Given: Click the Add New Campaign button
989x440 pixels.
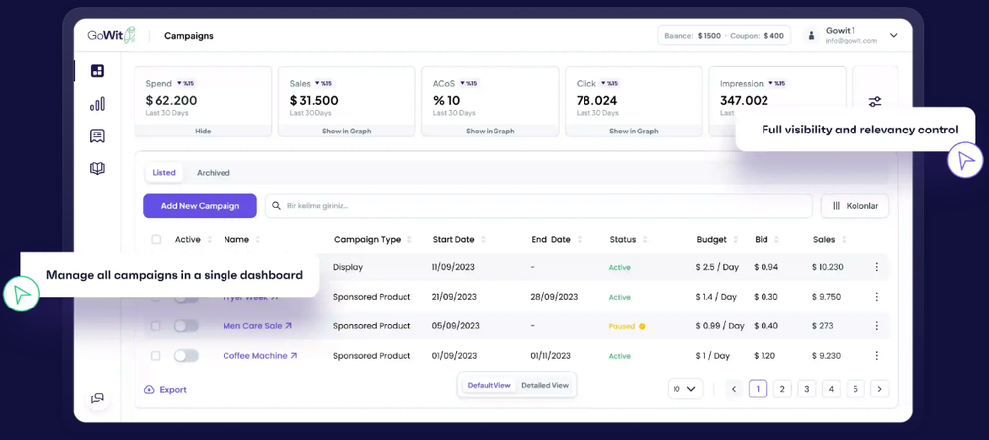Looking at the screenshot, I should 200,206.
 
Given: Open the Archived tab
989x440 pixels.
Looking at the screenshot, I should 213,173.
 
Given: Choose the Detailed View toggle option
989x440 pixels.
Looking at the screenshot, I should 545,385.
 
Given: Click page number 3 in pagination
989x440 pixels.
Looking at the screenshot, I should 806,389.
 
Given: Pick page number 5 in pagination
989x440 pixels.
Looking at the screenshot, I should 855,389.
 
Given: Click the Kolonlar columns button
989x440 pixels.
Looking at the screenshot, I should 855,206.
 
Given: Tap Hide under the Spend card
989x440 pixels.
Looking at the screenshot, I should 203,131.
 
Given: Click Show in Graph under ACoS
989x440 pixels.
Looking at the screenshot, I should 490,131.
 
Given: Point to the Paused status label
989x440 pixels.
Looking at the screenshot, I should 622,326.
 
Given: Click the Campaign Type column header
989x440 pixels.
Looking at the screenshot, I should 367,239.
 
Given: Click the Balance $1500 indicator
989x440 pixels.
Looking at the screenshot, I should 692,36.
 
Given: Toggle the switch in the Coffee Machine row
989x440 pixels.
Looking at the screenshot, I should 186,356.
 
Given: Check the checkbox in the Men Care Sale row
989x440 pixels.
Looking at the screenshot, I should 156,326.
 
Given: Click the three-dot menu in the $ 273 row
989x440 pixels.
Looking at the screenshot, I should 876,326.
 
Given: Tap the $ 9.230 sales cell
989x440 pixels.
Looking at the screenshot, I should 826,356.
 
